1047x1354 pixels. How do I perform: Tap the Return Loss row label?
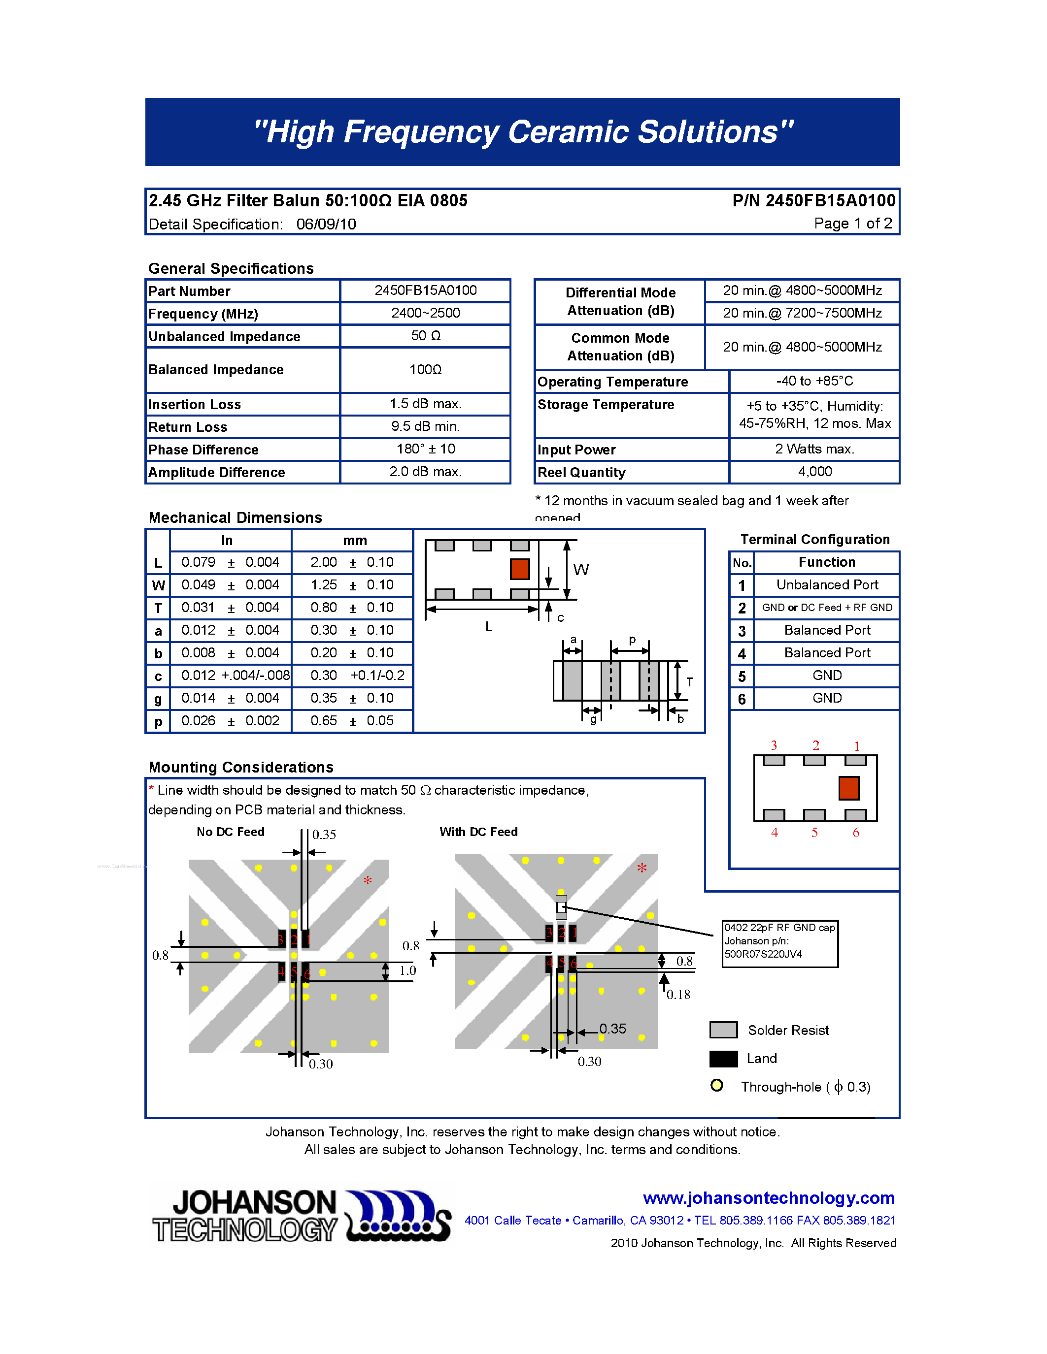[188, 427]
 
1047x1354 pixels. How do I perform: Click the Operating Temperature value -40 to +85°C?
[814, 381]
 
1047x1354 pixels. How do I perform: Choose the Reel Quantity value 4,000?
[814, 472]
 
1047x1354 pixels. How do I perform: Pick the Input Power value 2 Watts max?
[814, 449]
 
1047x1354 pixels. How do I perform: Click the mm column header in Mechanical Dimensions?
[355, 541]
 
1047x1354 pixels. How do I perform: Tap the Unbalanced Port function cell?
[827, 584]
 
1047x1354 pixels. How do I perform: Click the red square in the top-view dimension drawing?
[519, 569]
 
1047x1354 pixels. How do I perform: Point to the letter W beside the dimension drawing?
[580, 570]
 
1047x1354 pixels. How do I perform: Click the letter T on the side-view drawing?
[689, 681]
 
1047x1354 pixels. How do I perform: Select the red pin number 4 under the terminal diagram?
[774, 833]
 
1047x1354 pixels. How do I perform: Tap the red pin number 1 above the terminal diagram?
[857, 746]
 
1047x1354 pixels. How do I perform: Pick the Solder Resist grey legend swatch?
[723, 1030]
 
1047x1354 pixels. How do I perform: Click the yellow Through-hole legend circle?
[716, 1086]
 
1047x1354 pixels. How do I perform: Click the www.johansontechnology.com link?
[769, 1198]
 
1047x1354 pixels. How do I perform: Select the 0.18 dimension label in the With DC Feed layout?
[678, 995]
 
